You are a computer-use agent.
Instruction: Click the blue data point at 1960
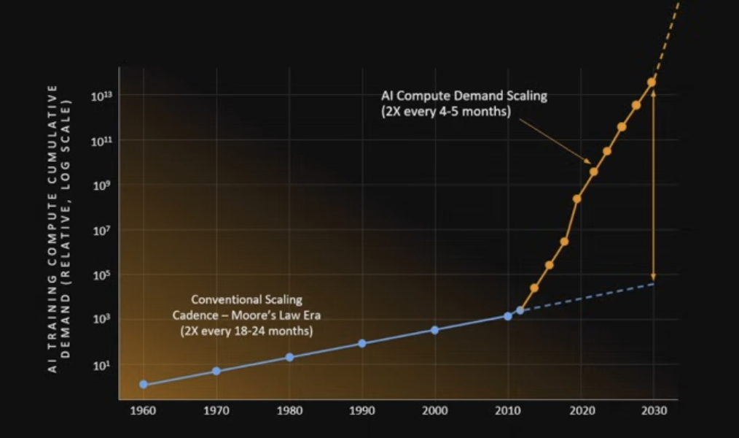coord(144,384)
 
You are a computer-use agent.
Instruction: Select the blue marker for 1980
coord(289,357)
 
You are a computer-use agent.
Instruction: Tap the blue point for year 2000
coord(434,330)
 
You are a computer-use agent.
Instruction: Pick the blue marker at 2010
coord(507,316)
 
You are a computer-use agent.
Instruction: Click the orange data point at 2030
coord(652,82)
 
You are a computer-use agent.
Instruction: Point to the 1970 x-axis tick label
coord(216,411)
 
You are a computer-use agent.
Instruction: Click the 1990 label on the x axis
coord(361,411)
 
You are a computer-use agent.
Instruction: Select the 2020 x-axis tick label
coord(579,411)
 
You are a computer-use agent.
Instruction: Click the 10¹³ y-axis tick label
coord(101,96)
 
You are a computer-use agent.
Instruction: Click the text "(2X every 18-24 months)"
coord(246,331)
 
